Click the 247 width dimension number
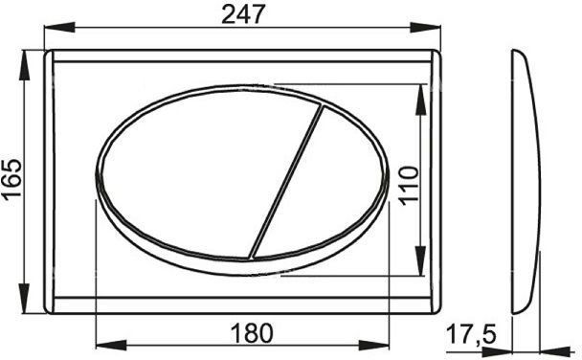(243, 14)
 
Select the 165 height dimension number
(12, 180)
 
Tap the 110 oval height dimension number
(409, 186)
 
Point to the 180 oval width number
(252, 333)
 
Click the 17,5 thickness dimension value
(471, 334)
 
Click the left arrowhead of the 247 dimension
(59, 27)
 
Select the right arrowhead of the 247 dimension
(425, 27)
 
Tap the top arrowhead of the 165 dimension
(25, 65)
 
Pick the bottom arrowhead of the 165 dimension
(25, 298)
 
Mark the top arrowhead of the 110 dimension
(420, 100)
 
